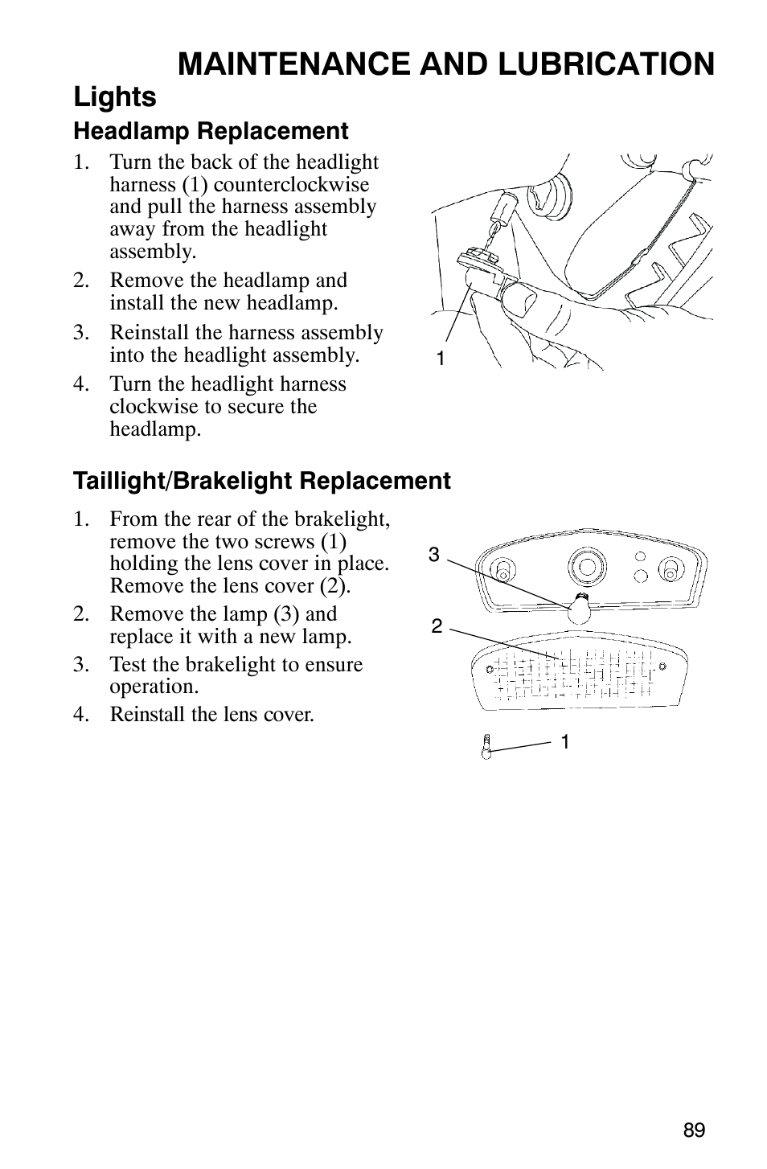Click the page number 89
(694, 1130)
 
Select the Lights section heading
(115, 97)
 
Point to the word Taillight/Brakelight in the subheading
(183, 481)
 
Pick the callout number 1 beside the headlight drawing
(440, 359)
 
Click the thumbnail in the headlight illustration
(519, 300)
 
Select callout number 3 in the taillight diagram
(434, 555)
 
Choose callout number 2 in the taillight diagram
(437, 626)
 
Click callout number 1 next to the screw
(565, 742)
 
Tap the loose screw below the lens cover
(486, 745)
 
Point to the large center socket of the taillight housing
(588, 566)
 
